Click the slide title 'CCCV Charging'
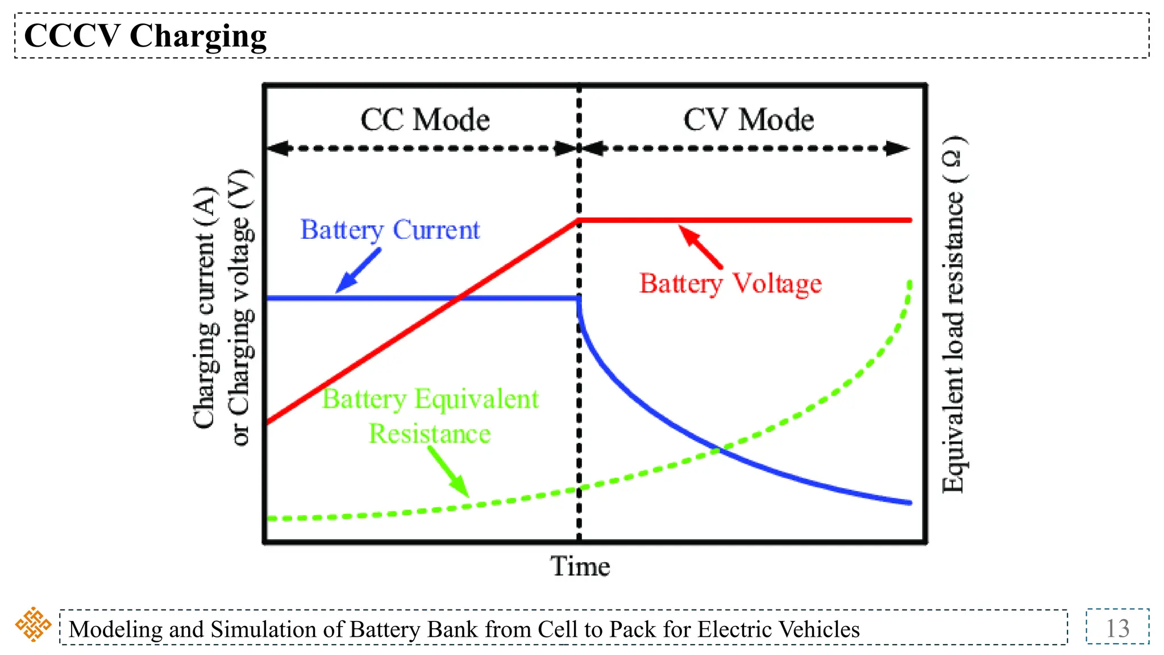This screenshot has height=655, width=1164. [145, 36]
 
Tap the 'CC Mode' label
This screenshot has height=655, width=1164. [425, 120]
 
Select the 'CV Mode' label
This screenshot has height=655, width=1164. [749, 120]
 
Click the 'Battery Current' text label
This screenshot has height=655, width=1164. [390, 230]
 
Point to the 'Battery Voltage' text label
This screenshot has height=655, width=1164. [730, 283]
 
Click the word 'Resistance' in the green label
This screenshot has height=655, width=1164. [430, 434]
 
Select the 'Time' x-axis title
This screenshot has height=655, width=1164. [580, 566]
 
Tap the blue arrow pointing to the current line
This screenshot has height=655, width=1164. [358, 271]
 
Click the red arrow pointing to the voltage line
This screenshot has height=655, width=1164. [700, 246]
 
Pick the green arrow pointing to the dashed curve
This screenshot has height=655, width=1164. [448, 471]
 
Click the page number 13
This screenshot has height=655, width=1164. [1117, 628]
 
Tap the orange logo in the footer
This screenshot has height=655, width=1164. [33, 624]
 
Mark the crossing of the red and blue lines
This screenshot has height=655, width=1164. [459, 297]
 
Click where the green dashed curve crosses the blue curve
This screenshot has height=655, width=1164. [719, 450]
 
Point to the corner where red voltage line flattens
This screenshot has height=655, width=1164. [579, 219]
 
